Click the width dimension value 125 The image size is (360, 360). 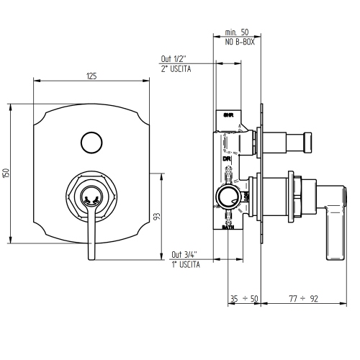pyautogui.click(x=91, y=76)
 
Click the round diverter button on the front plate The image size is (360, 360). pyautogui.click(x=91, y=142)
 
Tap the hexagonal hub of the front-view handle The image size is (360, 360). pyautogui.click(x=91, y=194)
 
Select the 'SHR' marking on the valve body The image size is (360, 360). pyautogui.click(x=228, y=114)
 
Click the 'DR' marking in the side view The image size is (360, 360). pyautogui.click(x=225, y=158)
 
